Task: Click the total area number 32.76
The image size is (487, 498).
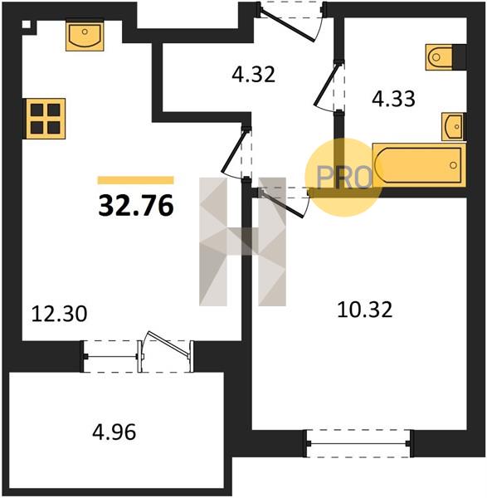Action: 136,205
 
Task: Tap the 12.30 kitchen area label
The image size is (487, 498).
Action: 60,314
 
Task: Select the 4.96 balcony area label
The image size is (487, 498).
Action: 114,432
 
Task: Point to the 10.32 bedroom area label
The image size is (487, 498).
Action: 365,310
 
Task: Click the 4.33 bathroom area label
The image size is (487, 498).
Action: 393,99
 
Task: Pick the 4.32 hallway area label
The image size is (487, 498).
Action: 253,75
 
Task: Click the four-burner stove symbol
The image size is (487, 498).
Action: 46,119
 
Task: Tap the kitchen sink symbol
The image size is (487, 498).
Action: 85,37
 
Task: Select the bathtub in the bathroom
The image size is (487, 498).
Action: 419,165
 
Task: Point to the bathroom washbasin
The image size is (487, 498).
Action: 453,127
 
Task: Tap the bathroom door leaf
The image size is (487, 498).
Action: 326,84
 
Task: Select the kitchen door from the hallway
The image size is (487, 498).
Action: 236,150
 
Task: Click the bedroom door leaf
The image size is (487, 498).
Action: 281,204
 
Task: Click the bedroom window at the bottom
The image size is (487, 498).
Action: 358,443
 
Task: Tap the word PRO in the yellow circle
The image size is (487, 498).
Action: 344,178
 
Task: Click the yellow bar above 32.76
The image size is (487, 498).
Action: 136,180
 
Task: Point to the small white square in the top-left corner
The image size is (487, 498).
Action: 26,24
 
